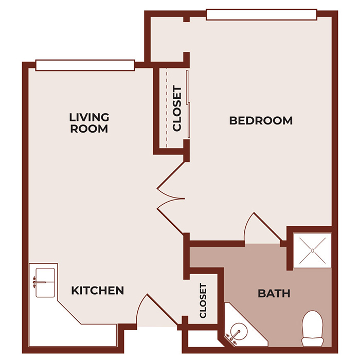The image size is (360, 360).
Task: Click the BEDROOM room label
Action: [x=261, y=121]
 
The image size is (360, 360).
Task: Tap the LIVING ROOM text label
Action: [x=89, y=123]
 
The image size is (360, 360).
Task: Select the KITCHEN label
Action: [x=97, y=291]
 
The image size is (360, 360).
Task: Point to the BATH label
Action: [x=274, y=294]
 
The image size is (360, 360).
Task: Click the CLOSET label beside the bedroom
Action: [x=177, y=109]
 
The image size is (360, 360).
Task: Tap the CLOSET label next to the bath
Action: [x=203, y=300]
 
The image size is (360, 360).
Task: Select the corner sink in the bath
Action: [x=238, y=330]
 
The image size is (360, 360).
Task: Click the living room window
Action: [x=85, y=65]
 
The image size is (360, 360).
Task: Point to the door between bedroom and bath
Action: [x=261, y=226]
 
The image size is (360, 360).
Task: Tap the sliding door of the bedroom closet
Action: [x=189, y=103]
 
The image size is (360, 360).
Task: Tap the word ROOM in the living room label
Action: [x=89, y=129]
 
